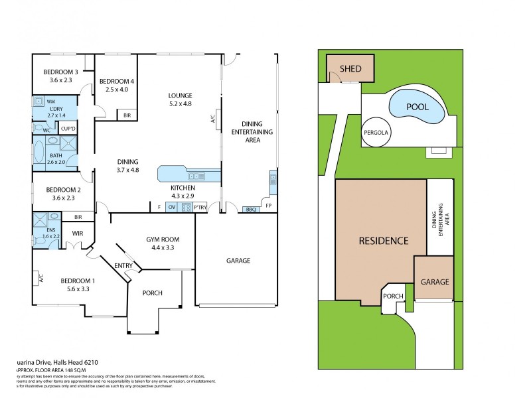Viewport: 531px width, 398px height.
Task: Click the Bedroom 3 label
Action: coord(61,72)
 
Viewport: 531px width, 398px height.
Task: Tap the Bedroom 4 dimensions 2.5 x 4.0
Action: coord(117,90)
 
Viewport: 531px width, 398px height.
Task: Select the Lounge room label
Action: coord(179,95)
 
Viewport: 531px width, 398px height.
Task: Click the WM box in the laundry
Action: coord(50,101)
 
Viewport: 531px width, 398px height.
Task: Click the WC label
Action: coord(46,130)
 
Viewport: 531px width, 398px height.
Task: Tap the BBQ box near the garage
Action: coord(250,210)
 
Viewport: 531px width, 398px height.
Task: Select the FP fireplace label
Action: coord(268,206)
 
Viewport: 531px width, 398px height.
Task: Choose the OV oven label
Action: coord(171,208)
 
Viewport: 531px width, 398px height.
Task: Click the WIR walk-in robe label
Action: coord(77,233)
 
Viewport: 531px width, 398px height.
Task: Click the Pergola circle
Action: coord(376,132)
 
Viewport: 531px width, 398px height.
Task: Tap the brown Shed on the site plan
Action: coord(350,69)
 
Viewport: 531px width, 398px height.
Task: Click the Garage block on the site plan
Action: coord(433,281)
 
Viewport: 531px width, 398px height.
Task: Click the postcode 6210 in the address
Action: coord(87,362)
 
